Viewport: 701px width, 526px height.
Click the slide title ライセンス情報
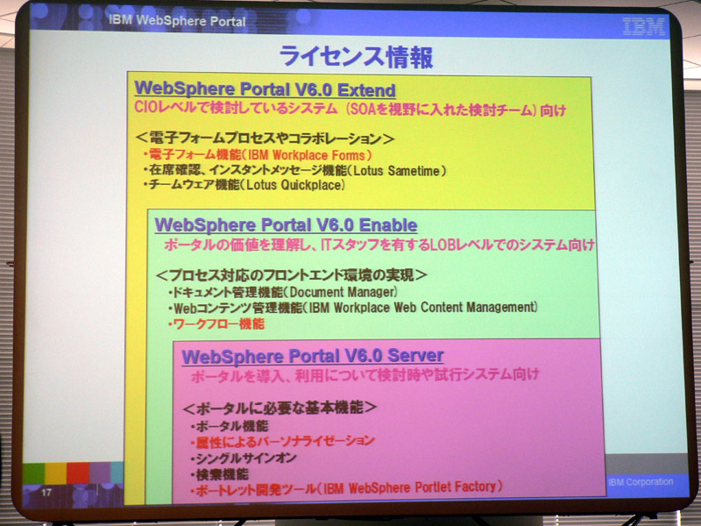point(357,57)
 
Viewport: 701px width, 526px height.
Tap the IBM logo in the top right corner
point(644,27)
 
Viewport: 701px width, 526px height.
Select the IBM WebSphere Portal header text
point(177,20)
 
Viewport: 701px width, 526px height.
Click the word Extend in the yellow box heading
point(366,90)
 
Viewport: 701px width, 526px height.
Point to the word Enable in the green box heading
point(388,225)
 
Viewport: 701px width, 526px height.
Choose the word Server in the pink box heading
point(415,356)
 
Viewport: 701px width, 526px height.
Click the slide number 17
point(46,493)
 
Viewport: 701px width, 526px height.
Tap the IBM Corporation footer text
point(641,481)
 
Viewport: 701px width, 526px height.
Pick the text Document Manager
point(342,292)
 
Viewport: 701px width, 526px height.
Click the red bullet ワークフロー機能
point(216,323)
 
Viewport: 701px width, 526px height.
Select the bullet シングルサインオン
point(244,458)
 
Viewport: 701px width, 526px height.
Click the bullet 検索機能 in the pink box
point(220,474)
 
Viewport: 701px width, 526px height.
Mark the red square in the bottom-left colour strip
point(78,473)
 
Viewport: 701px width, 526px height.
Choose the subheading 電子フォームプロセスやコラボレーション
point(266,139)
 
